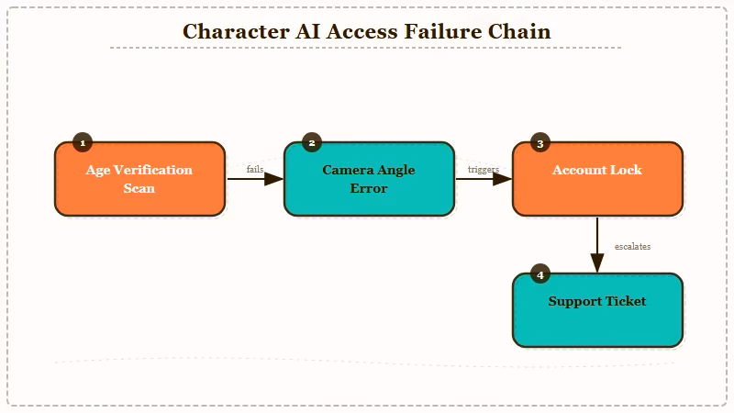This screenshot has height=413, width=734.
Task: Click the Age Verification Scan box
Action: coord(139,179)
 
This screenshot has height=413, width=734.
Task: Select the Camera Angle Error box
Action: coord(369,179)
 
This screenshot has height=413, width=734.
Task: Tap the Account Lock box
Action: coord(597,179)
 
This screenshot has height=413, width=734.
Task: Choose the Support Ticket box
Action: coord(597,310)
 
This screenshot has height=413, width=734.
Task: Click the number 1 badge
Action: coord(83,143)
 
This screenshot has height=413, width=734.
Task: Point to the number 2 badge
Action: coord(312,143)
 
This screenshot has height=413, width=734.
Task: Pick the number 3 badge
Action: coord(540,143)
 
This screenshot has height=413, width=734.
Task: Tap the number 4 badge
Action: coord(540,274)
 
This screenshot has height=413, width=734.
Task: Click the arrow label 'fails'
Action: coord(255,169)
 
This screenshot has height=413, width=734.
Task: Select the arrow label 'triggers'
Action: coord(484,169)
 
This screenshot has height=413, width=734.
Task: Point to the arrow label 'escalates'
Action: coord(633,246)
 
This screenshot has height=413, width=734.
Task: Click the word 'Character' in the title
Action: coord(234,30)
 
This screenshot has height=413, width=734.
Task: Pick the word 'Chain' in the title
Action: coord(524,30)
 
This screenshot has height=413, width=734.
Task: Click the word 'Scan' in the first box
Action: coord(139,188)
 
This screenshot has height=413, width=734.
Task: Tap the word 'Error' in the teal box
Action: coord(369,188)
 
